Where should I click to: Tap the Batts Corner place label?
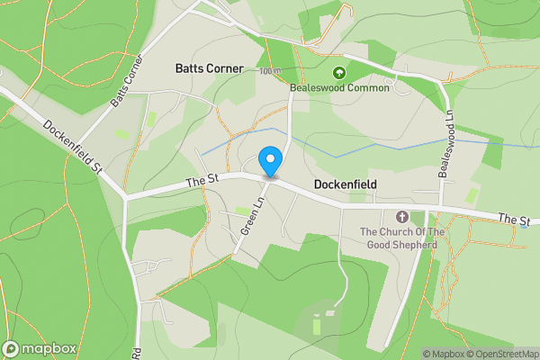209,68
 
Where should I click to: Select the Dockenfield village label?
345,184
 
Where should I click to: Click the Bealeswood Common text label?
340,88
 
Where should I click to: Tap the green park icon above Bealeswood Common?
339,73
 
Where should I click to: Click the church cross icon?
401,217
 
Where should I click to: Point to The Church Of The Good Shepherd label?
402,238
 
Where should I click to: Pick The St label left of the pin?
202,181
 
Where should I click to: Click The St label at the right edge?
513,219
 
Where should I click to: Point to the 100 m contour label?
269,71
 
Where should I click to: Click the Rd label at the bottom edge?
137,353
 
